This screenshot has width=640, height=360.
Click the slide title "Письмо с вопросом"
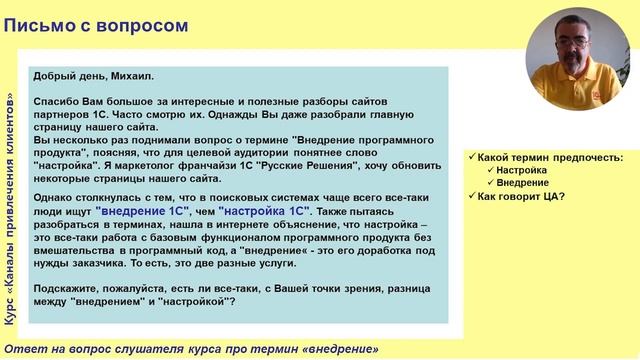pyautogui.click(x=95, y=24)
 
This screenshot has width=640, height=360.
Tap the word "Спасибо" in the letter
pyautogui.click(x=58, y=102)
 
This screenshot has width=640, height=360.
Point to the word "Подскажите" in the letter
pyautogui.click(x=69, y=285)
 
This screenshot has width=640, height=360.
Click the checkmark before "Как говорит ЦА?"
pyautogui.click(x=471, y=196)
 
